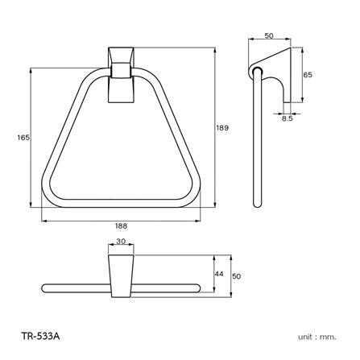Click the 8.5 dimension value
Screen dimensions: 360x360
pyautogui.click(x=288, y=118)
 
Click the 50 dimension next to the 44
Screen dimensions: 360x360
pyautogui.click(x=237, y=275)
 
